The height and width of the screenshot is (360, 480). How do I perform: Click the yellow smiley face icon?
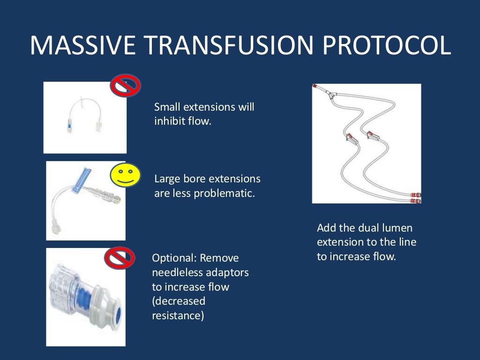[x=125, y=175]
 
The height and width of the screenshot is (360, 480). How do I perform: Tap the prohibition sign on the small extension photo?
[x=125, y=86]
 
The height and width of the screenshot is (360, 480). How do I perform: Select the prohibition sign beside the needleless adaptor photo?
[x=120, y=258]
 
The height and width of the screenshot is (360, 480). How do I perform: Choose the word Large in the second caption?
[x=167, y=179]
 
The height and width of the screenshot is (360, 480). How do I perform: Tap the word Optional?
[x=174, y=258]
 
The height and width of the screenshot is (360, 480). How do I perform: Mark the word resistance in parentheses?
[x=178, y=315]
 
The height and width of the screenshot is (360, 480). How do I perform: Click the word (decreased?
[x=179, y=301]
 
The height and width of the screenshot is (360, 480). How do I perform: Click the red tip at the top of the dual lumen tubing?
[x=315, y=87]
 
